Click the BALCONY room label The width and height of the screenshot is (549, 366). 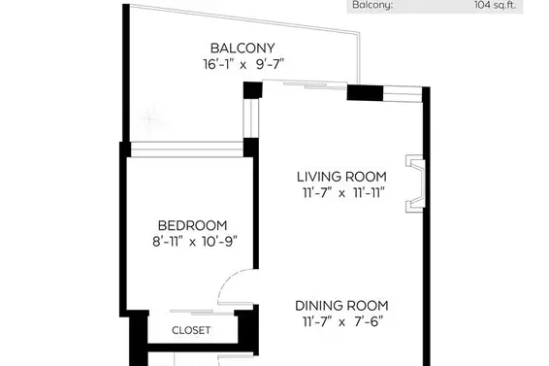(x=242, y=48)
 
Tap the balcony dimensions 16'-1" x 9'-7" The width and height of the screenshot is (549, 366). (x=243, y=64)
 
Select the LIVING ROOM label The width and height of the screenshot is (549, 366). (x=341, y=177)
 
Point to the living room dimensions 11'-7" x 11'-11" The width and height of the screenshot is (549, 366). (x=343, y=193)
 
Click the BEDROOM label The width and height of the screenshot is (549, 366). (x=192, y=225)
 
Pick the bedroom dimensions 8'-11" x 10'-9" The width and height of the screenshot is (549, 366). (x=195, y=242)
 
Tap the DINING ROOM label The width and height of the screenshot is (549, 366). (x=341, y=306)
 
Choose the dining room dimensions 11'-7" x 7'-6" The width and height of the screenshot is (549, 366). (x=342, y=322)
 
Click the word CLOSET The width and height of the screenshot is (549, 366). (x=191, y=330)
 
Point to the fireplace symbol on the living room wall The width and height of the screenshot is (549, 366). (x=415, y=183)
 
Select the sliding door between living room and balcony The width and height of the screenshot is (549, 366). (x=305, y=84)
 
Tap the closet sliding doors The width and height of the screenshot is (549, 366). (x=202, y=312)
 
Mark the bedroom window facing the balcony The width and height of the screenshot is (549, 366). (x=187, y=150)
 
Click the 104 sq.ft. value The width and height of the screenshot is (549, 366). (x=495, y=5)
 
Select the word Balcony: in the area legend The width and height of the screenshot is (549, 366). (x=372, y=5)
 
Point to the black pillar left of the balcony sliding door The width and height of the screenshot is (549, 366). (x=253, y=90)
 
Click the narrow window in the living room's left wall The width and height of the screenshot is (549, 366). (x=251, y=118)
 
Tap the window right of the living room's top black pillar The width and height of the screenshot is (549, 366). (x=403, y=94)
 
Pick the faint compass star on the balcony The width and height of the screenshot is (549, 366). (x=149, y=119)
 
